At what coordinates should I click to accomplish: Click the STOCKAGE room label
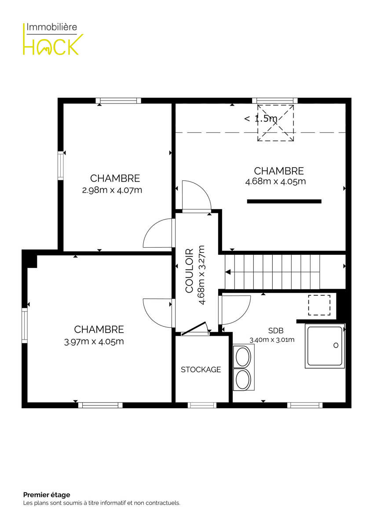[x=201, y=369]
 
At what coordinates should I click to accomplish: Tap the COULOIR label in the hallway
[x=189, y=271]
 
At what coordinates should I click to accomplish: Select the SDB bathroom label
[x=276, y=331]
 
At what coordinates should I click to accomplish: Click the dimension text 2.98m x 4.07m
[x=112, y=190]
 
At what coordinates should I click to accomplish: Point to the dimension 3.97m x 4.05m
[x=94, y=341]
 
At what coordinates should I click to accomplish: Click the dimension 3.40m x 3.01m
[x=272, y=340]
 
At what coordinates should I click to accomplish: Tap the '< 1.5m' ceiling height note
[x=260, y=118]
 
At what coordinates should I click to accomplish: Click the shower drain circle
[x=336, y=345]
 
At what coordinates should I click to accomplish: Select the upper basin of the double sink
[x=243, y=356]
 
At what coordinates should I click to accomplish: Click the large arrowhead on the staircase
[x=228, y=272]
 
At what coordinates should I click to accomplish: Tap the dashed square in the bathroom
[x=319, y=305]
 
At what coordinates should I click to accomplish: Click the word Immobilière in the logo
[x=51, y=27]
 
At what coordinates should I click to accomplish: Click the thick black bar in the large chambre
[x=284, y=202]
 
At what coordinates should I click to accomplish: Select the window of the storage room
[x=202, y=405]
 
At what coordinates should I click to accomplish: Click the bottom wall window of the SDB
[x=305, y=405]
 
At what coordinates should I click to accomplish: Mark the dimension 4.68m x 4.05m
[x=275, y=182]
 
